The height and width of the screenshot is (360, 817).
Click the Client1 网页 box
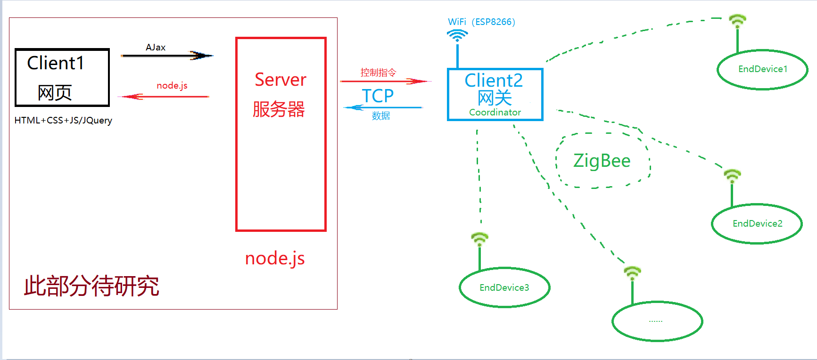pos(62,77)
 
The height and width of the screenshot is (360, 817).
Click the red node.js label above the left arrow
pos(172,85)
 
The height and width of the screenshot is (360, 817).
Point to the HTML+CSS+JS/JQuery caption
pos(63,120)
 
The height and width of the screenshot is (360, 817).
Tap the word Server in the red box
pos(281,80)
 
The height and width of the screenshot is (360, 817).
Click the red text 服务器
pos(279,109)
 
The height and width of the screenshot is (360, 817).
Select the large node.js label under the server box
pos(275,258)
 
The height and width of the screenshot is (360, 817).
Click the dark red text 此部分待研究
pos(91,286)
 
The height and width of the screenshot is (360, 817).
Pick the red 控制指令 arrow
pos(384,82)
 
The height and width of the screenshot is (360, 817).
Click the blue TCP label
pos(378,96)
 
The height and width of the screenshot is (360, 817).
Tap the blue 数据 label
pos(380,116)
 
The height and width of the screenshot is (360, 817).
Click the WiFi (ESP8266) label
pos(481,22)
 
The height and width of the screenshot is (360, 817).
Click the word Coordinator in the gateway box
pos(495,113)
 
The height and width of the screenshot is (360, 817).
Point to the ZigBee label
pos(602,161)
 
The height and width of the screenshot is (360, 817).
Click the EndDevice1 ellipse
pos(762,69)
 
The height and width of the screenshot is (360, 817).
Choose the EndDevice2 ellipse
pos(757,223)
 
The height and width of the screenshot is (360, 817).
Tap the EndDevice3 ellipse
pos(504,287)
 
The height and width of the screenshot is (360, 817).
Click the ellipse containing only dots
pos(657,321)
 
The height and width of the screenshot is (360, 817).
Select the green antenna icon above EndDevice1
pos(737,21)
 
